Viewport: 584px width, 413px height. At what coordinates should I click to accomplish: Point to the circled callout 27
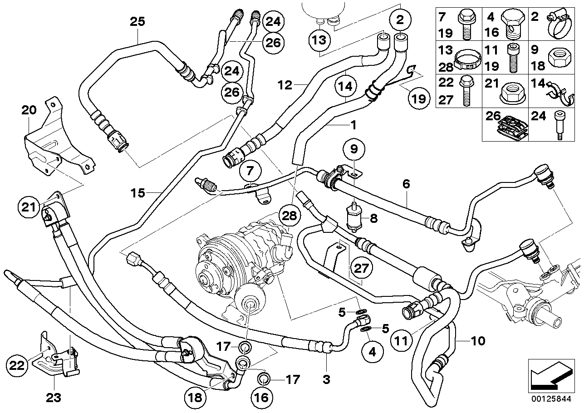[x=361, y=268]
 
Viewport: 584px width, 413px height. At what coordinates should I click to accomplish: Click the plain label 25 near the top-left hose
[x=137, y=22]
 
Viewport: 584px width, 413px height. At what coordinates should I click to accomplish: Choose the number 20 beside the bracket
[x=29, y=110]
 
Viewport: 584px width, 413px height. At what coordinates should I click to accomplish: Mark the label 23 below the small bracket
[x=54, y=398]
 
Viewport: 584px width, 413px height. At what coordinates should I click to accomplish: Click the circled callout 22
[x=17, y=365]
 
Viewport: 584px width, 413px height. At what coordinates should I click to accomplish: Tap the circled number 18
[x=195, y=398]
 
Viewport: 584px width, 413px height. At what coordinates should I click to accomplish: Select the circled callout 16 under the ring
[x=262, y=398]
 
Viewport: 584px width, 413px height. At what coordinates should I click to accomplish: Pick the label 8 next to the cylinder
[x=374, y=218]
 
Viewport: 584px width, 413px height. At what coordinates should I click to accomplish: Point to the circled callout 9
[x=354, y=149]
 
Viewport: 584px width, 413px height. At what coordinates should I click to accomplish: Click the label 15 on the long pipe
[x=137, y=193]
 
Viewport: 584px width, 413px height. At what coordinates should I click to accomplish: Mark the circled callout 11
[x=402, y=340]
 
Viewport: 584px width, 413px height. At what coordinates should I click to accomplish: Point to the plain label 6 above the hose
[x=406, y=184]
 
